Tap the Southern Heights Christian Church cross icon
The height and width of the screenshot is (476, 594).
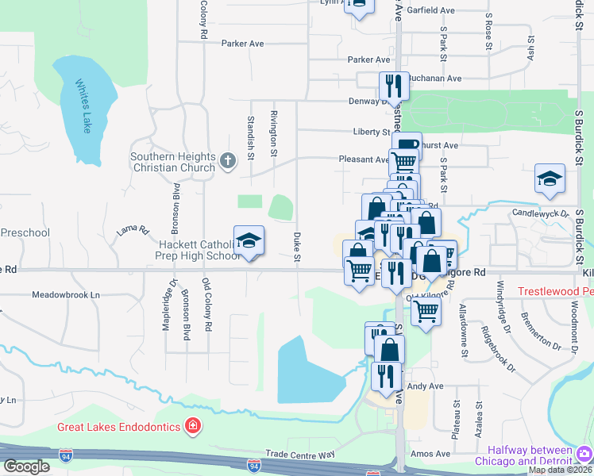tap(228, 162)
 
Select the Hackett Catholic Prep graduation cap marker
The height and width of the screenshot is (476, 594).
tap(249, 241)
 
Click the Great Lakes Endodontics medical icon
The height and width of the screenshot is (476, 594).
tap(191, 427)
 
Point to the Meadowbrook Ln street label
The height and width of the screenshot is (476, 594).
tap(67, 294)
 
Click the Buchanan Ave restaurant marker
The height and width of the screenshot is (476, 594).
tap(391, 84)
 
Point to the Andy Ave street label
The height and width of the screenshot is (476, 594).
tap(425, 386)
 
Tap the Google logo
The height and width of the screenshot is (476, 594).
tap(25, 466)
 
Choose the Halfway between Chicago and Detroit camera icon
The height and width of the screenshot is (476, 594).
tap(584, 455)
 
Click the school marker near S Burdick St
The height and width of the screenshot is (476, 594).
tap(550, 178)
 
